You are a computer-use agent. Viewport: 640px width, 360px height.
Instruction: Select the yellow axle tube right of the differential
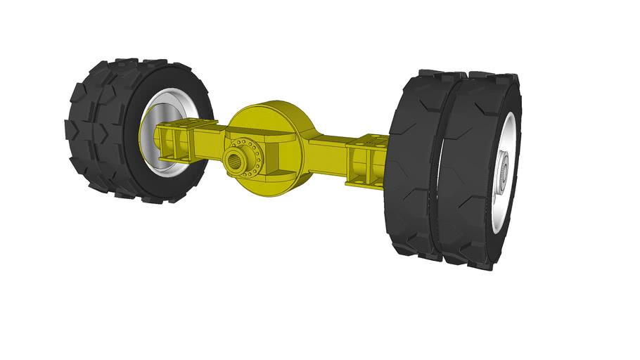327,148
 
